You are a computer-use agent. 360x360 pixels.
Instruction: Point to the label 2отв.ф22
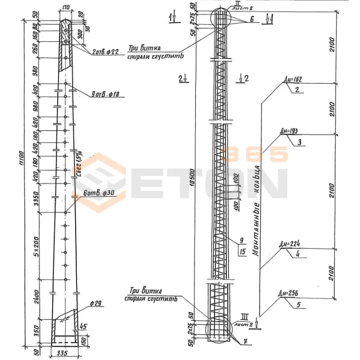pyautogui.click(x=105, y=52)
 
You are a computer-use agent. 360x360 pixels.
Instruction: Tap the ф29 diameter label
pyautogui.click(x=94, y=304)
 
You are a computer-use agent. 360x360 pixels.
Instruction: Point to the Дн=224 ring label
pyautogui.click(x=289, y=244)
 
